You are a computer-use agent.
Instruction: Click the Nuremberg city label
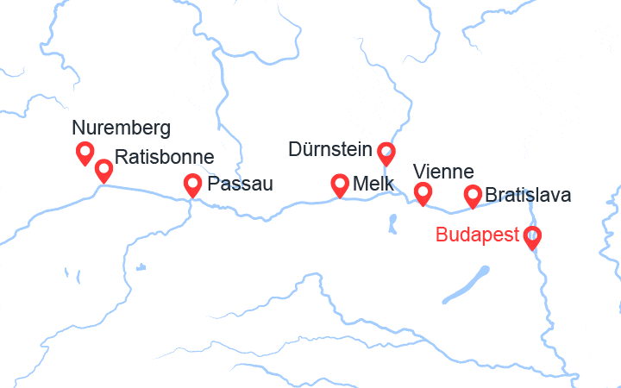tap(122, 129)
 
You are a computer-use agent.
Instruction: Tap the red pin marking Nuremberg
tap(85, 153)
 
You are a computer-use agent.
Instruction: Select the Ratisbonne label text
tap(164, 158)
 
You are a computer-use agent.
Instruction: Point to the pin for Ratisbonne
tap(103, 170)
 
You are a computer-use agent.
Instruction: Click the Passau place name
tap(241, 184)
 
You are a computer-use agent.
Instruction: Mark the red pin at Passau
tap(193, 184)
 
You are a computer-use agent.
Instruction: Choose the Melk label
tap(373, 185)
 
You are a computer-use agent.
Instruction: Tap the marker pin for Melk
tap(341, 184)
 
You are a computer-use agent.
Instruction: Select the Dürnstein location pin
tap(386, 153)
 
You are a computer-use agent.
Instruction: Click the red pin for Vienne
tap(423, 193)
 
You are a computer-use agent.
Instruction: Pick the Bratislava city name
tap(528, 195)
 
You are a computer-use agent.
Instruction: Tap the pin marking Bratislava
tap(473, 196)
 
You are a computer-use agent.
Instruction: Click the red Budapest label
tap(478, 235)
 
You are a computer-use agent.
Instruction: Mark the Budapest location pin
tap(532, 236)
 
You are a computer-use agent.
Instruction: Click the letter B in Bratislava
tap(492, 195)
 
